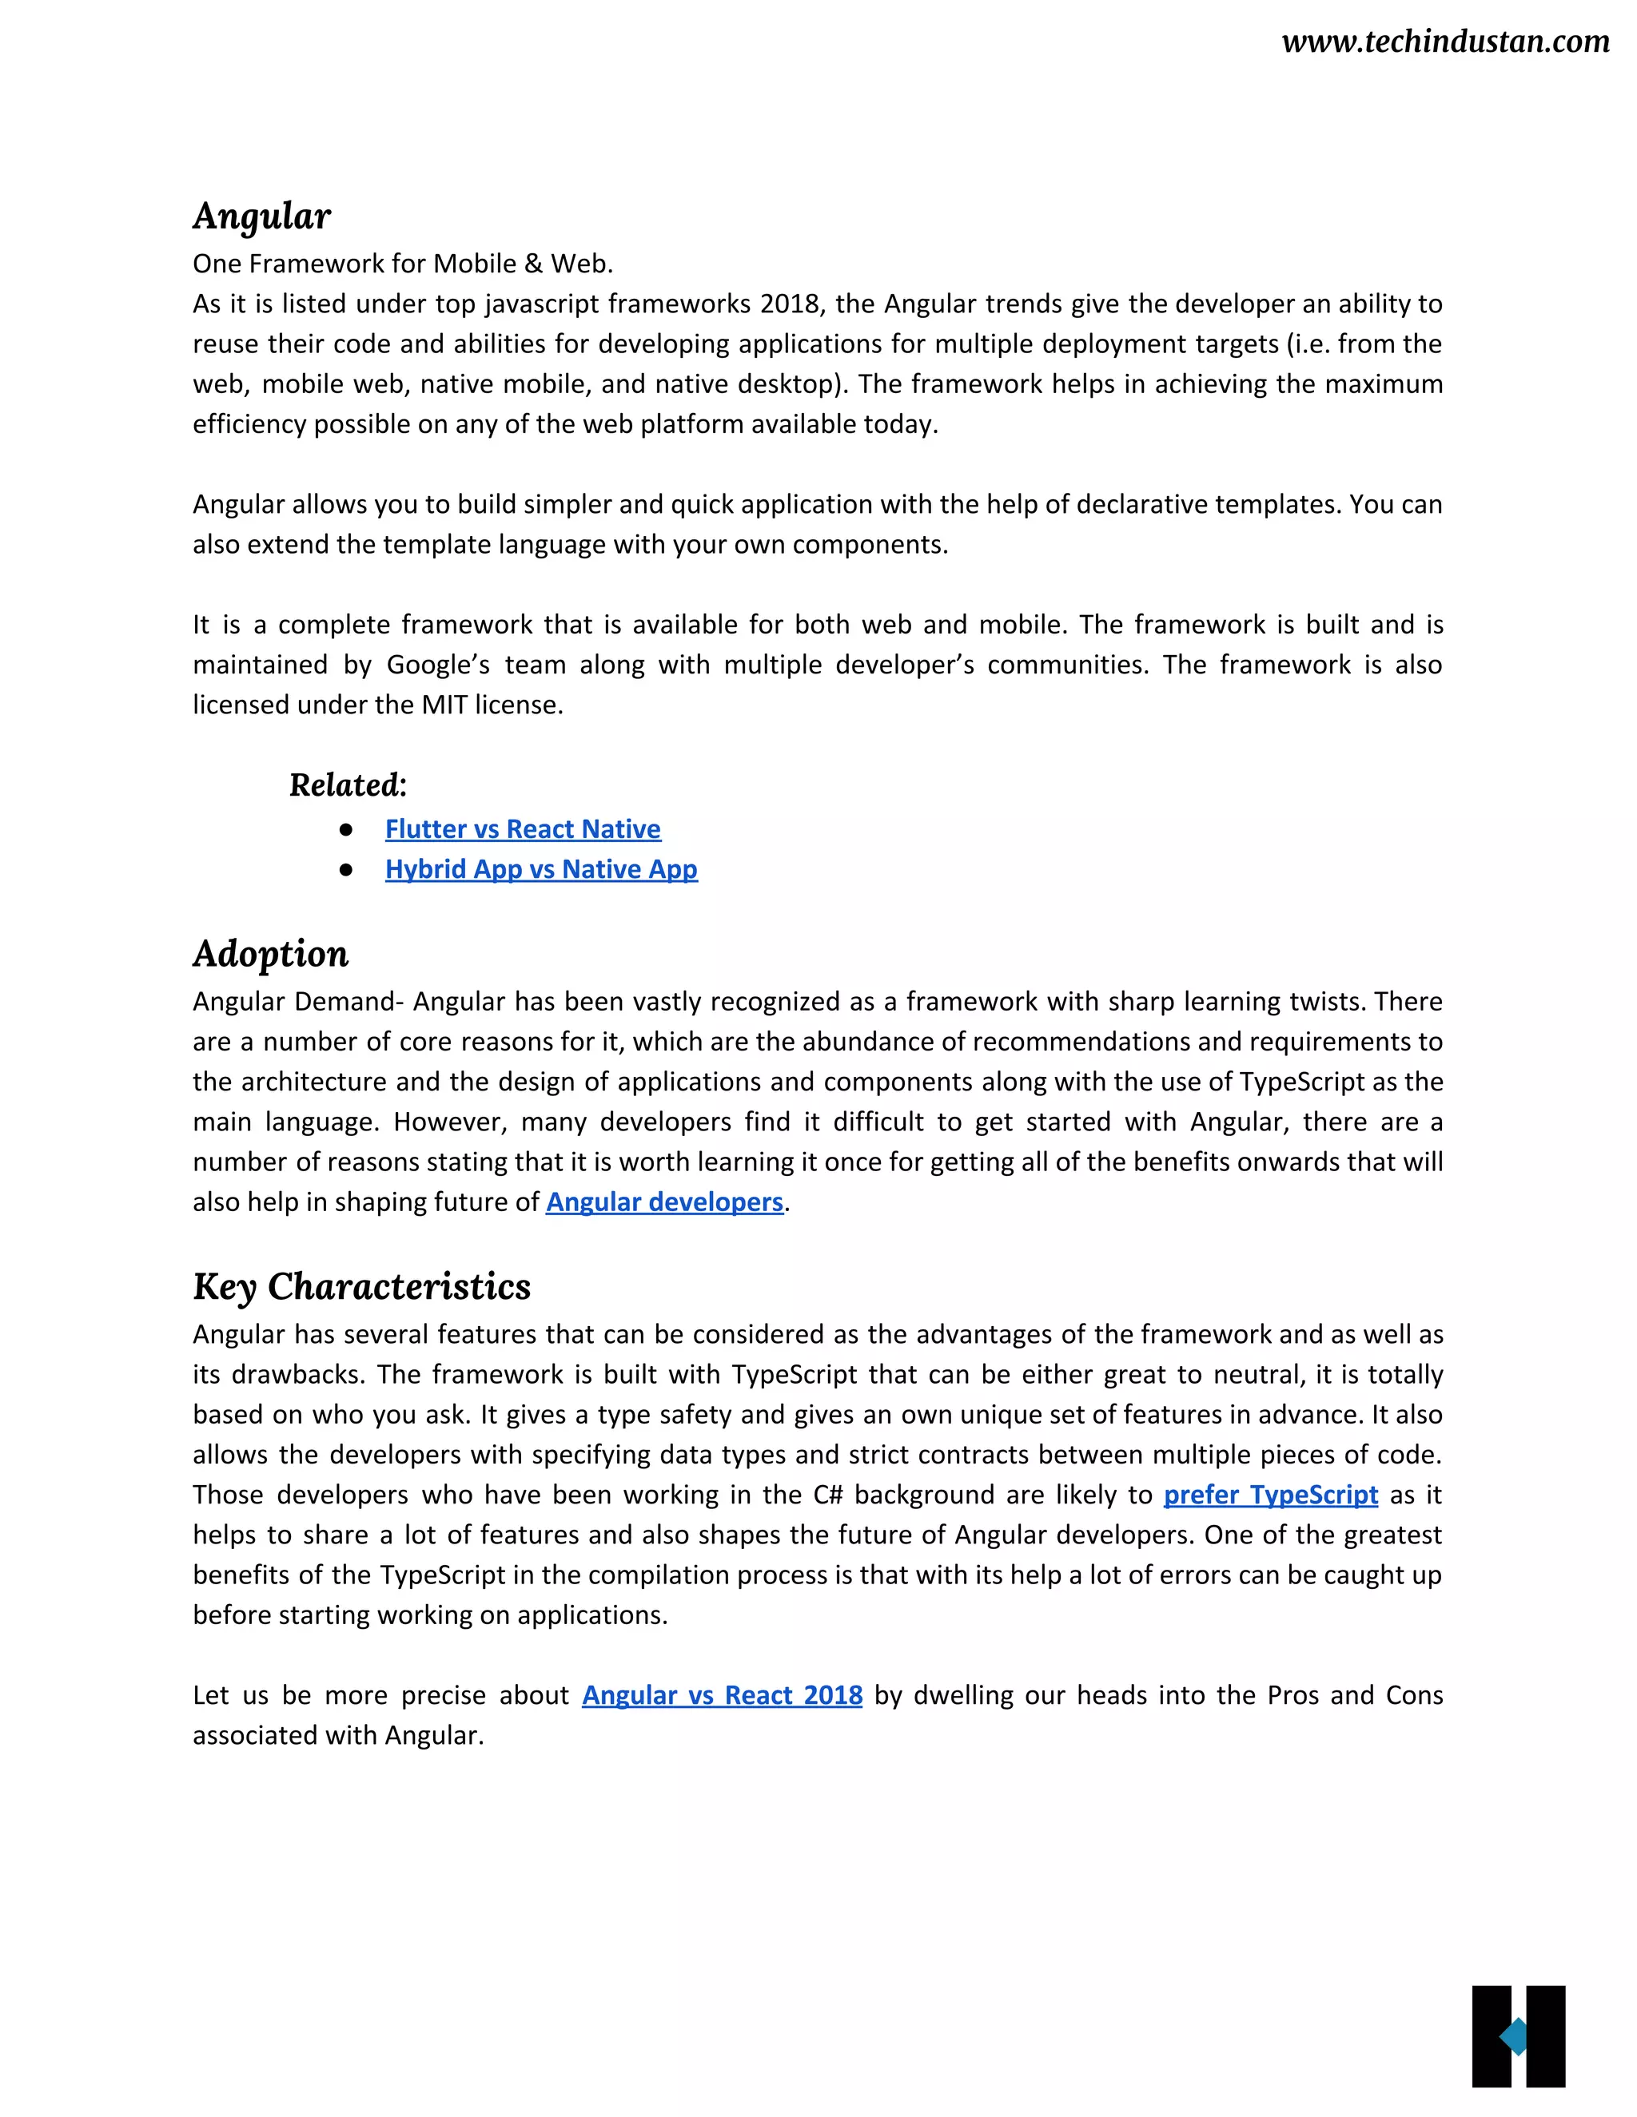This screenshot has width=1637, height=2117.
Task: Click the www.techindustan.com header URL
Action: click(1445, 42)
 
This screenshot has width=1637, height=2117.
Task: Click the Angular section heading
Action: click(262, 216)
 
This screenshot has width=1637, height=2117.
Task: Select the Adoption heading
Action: click(271, 954)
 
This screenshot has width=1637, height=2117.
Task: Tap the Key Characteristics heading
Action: click(362, 1287)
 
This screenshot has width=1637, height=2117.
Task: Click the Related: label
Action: click(349, 785)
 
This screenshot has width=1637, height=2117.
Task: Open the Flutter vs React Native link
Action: click(523, 830)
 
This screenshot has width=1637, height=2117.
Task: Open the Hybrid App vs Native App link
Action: click(541, 869)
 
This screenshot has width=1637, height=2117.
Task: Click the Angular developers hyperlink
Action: click(664, 1202)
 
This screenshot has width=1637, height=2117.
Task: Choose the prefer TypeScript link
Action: click(1270, 1495)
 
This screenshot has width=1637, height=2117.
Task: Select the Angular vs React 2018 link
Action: click(722, 1695)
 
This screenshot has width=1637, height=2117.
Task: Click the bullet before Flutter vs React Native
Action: click(346, 830)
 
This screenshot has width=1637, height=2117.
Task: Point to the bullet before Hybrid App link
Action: click(346, 869)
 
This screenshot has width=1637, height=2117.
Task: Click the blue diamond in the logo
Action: click(1514, 2036)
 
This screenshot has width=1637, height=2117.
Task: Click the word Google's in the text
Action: click(437, 665)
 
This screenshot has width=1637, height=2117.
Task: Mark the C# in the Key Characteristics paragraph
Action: click(827, 1495)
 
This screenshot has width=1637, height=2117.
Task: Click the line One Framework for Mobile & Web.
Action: click(403, 264)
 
